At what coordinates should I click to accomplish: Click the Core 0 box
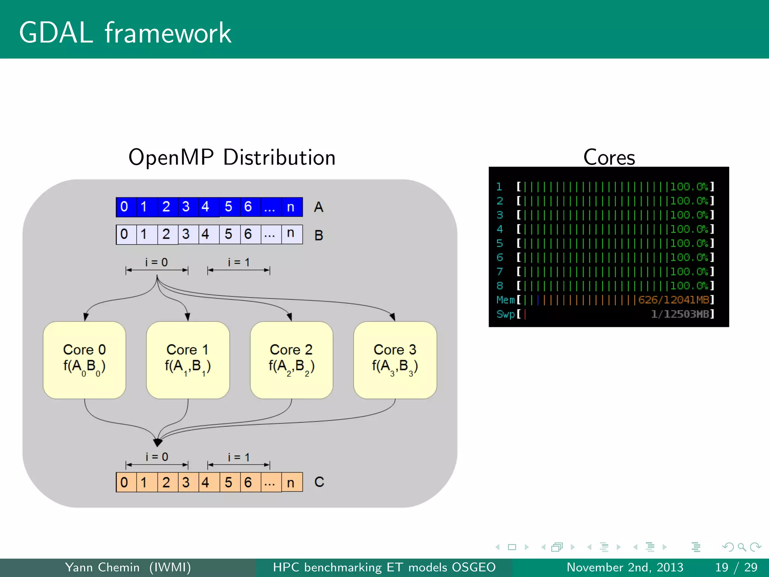[x=84, y=360]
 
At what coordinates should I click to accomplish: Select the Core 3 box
[x=395, y=360]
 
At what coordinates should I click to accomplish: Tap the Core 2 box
[x=291, y=360]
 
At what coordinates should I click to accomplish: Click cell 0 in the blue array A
[x=124, y=207]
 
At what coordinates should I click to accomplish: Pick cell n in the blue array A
[x=291, y=207]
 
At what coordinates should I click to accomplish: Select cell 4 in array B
[x=205, y=234]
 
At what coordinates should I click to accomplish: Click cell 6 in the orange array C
[x=248, y=482]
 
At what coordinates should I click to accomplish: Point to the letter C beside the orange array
[x=319, y=482]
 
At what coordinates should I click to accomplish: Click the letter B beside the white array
[x=318, y=235]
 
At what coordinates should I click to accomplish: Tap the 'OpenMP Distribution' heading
[x=232, y=157]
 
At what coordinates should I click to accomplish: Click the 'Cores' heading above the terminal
[x=609, y=157]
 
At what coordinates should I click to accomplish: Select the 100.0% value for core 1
[x=689, y=187]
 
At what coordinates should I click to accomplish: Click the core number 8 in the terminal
[x=500, y=285]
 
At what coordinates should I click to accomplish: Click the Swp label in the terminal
[x=505, y=314]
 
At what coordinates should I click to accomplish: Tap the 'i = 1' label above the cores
[x=238, y=262]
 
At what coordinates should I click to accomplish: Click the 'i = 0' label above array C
[x=157, y=457]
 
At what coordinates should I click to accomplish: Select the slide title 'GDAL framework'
[x=125, y=33]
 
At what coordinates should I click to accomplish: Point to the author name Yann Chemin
[x=102, y=567]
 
